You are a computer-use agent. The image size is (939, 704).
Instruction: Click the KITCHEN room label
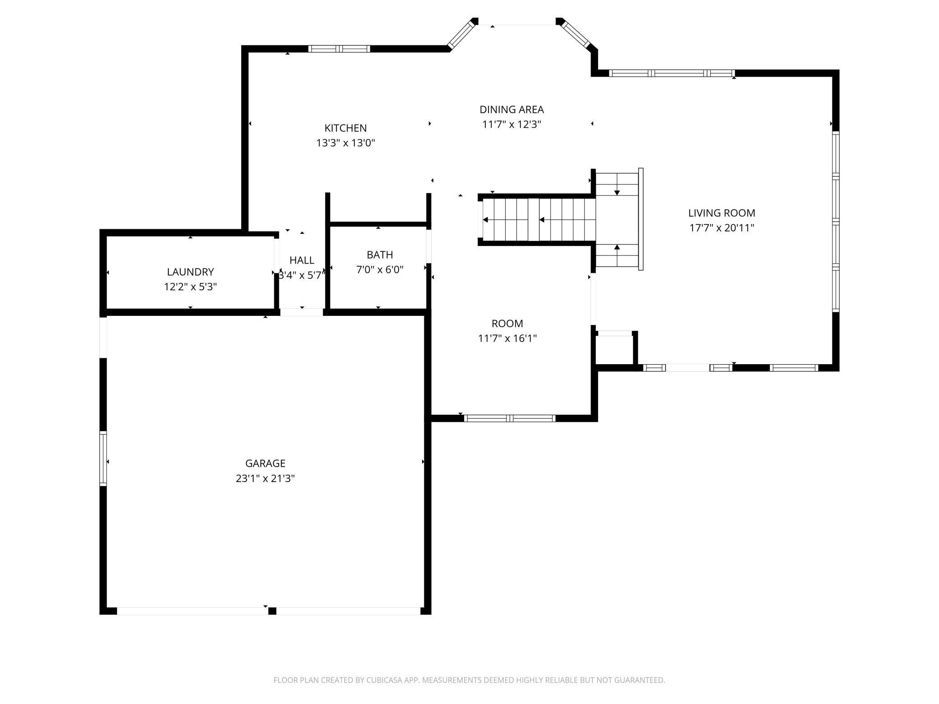[x=345, y=128]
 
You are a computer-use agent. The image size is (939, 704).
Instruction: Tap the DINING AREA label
[x=511, y=110]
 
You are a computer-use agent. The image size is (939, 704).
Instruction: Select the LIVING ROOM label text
[x=721, y=213]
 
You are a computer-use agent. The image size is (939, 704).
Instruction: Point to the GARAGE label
[x=265, y=463]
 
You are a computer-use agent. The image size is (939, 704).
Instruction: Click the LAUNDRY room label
[x=190, y=272]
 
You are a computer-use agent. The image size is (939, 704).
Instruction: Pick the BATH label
[x=380, y=255]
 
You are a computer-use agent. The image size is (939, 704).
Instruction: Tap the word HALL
[x=302, y=260]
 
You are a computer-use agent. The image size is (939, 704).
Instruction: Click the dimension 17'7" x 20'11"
[x=721, y=228]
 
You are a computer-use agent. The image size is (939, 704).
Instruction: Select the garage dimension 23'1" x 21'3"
[x=265, y=478]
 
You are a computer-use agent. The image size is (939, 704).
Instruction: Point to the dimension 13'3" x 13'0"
[x=345, y=143]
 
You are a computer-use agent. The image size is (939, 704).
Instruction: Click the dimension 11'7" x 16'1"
[x=507, y=338]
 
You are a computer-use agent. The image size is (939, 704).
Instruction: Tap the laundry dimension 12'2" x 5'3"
[x=190, y=287]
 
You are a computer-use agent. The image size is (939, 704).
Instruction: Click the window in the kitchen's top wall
[x=339, y=49]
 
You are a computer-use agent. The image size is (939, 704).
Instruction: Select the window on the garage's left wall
[x=103, y=458]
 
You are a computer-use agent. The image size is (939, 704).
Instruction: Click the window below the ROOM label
[x=510, y=418]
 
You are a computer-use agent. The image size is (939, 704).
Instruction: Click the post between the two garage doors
[x=272, y=611]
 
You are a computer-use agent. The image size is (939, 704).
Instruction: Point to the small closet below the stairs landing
[x=614, y=349]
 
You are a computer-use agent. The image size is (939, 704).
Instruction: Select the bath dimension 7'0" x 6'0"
[x=380, y=270]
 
